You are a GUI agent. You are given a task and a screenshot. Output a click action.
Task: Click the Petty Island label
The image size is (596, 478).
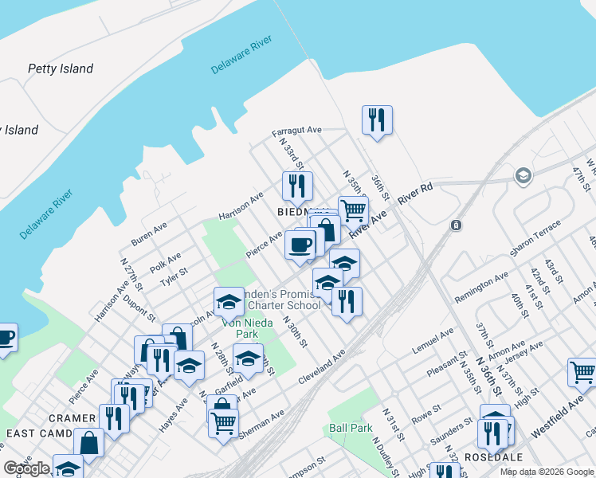tap(61, 69)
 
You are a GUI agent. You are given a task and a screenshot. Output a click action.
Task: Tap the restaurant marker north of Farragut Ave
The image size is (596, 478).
tap(376, 120)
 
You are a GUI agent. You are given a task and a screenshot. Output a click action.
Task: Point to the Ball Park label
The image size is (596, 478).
tap(351, 428)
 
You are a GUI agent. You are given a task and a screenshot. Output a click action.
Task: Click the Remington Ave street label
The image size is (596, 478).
tap(480, 288)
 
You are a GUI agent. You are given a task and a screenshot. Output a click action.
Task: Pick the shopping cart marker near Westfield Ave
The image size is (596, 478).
tap(582, 372)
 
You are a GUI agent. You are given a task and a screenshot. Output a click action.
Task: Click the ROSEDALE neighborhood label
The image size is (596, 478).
tap(497, 457)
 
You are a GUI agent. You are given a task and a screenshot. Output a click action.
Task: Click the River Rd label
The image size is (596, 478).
tap(415, 196)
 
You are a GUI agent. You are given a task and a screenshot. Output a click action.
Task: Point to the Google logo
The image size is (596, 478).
tap(26, 468)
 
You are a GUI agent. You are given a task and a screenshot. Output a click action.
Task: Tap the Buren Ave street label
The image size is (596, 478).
tap(149, 233)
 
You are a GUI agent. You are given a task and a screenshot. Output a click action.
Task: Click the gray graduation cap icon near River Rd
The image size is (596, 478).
tap(523, 175)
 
